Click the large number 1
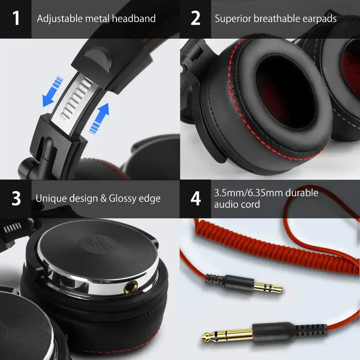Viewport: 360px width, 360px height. [x=16, y=19]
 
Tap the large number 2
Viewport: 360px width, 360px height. [x=195, y=19]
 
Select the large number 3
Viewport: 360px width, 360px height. [x=16, y=198]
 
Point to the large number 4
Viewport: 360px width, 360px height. [x=196, y=198]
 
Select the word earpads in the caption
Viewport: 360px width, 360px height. [x=318, y=19]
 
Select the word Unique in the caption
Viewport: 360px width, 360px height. [x=50, y=198]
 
